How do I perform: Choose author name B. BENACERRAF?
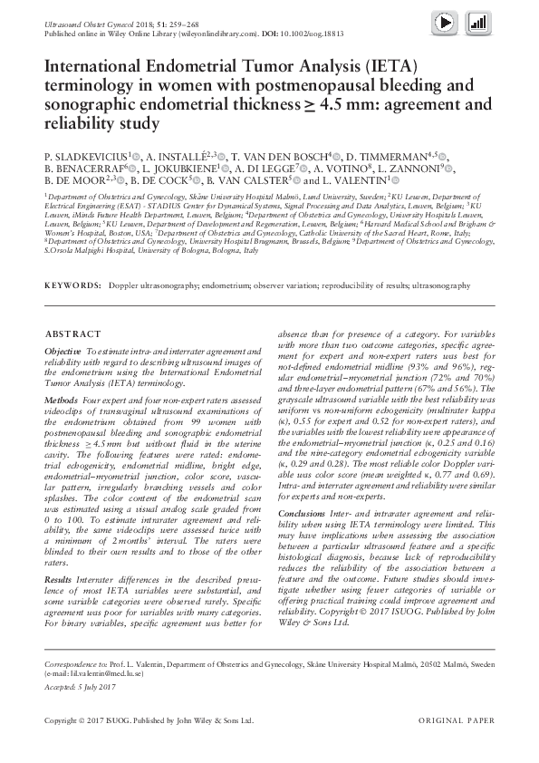point(84,168)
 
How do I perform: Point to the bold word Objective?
point(63,350)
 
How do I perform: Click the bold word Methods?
point(62,400)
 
